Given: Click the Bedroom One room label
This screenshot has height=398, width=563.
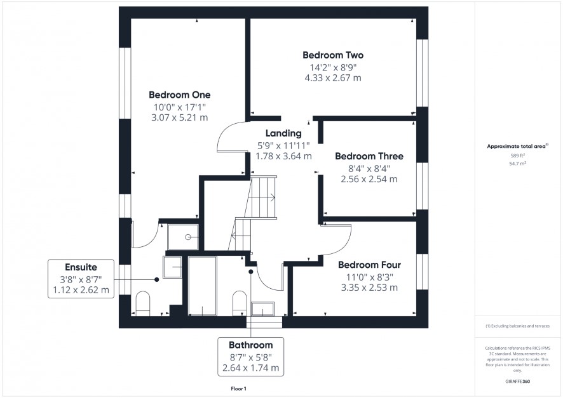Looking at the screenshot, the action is [180, 95].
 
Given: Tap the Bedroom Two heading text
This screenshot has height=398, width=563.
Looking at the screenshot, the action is [333, 55].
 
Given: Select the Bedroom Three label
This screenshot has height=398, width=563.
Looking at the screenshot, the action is [369, 156].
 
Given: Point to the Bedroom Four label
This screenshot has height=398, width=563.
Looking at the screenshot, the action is [369, 265].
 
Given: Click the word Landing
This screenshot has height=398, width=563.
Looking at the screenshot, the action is [283, 133].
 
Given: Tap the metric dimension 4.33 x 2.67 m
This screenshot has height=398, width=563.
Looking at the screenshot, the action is [333, 78].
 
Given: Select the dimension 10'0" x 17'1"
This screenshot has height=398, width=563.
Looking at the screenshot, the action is [180, 107].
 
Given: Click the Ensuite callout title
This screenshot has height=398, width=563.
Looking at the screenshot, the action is [81, 267].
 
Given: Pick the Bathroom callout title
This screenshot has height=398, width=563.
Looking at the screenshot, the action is [250, 345].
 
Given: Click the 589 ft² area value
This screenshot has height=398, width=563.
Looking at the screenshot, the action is [517, 156].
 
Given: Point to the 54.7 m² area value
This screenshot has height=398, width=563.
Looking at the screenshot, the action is [517, 164].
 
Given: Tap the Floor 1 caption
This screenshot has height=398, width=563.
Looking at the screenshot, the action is [238, 388].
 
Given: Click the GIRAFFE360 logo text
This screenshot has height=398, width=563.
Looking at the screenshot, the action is [517, 381].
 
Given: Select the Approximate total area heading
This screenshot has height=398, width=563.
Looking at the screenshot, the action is [517, 146].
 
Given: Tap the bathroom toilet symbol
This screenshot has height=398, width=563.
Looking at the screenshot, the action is [240, 303].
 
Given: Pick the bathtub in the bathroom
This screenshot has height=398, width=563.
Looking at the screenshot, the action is [203, 286].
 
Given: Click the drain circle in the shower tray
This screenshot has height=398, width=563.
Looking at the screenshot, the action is [188, 237].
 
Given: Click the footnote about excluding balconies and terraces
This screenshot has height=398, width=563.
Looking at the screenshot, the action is [517, 326].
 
